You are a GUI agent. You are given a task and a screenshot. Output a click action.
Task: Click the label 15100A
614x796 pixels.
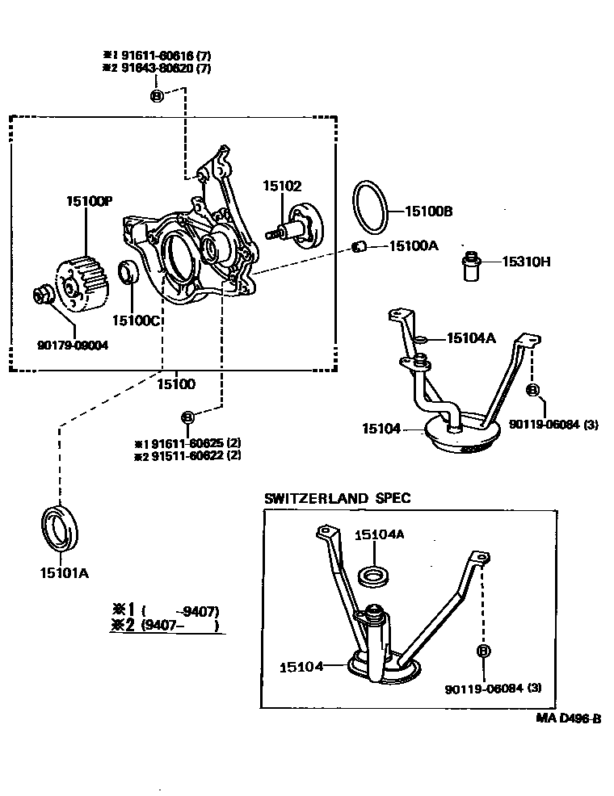pos(413,245)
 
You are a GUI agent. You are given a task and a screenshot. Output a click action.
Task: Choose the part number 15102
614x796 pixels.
pos(281,186)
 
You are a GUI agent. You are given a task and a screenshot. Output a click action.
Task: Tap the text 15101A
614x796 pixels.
pos(64,573)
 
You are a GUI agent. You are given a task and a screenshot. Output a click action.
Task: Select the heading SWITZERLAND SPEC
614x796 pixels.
pos(337,498)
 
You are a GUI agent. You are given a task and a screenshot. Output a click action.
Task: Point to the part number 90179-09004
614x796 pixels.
pos(73,346)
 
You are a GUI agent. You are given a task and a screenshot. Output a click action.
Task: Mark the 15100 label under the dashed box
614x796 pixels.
pos(175,384)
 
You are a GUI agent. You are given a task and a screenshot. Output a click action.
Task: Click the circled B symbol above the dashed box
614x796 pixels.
pos(157,96)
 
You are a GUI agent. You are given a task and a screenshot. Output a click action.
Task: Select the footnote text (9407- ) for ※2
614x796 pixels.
pos(179,625)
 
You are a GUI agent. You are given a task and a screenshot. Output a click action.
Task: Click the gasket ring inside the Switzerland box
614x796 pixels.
pos(372,576)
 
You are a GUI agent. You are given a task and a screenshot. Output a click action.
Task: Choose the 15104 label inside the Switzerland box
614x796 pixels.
pos(301,667)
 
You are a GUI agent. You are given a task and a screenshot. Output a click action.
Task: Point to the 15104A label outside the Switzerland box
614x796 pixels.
pos(470,338)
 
